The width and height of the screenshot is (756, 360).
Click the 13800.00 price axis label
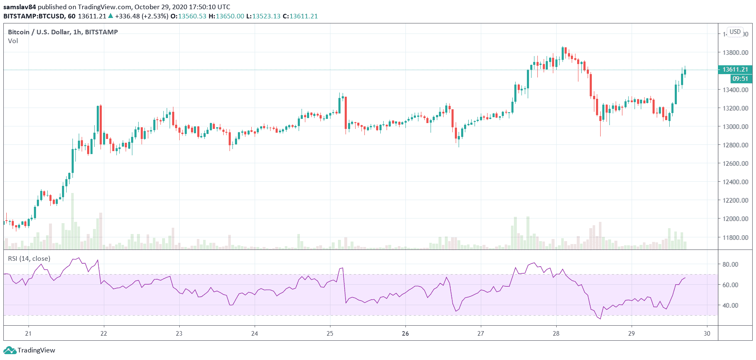point(735,53)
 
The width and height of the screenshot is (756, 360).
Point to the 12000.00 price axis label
point(735,219)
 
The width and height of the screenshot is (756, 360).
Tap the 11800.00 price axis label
point(735,237)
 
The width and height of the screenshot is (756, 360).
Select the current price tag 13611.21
point(735,69)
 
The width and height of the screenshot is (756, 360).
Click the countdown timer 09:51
point(740,79)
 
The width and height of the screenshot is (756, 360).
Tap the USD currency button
point(735,32)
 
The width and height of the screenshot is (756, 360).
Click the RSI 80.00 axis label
point(730,265)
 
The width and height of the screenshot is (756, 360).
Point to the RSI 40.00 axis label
point(730,306)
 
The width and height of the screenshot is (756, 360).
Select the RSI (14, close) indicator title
point(29,259)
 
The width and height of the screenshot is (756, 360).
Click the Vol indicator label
point(13,41)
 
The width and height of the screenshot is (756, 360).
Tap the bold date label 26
point(405,334)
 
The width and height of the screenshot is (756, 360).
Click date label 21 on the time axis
point(28,334)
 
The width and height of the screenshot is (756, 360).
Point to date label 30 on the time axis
point(707,334)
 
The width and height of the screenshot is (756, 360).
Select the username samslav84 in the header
point(20,7)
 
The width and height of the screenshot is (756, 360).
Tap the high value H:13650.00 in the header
point(226,16)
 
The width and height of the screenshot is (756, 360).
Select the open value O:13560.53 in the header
point(188,16)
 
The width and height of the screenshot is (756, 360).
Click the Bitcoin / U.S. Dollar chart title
point(63,32)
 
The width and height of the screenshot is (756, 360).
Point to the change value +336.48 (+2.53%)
point(142,16)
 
